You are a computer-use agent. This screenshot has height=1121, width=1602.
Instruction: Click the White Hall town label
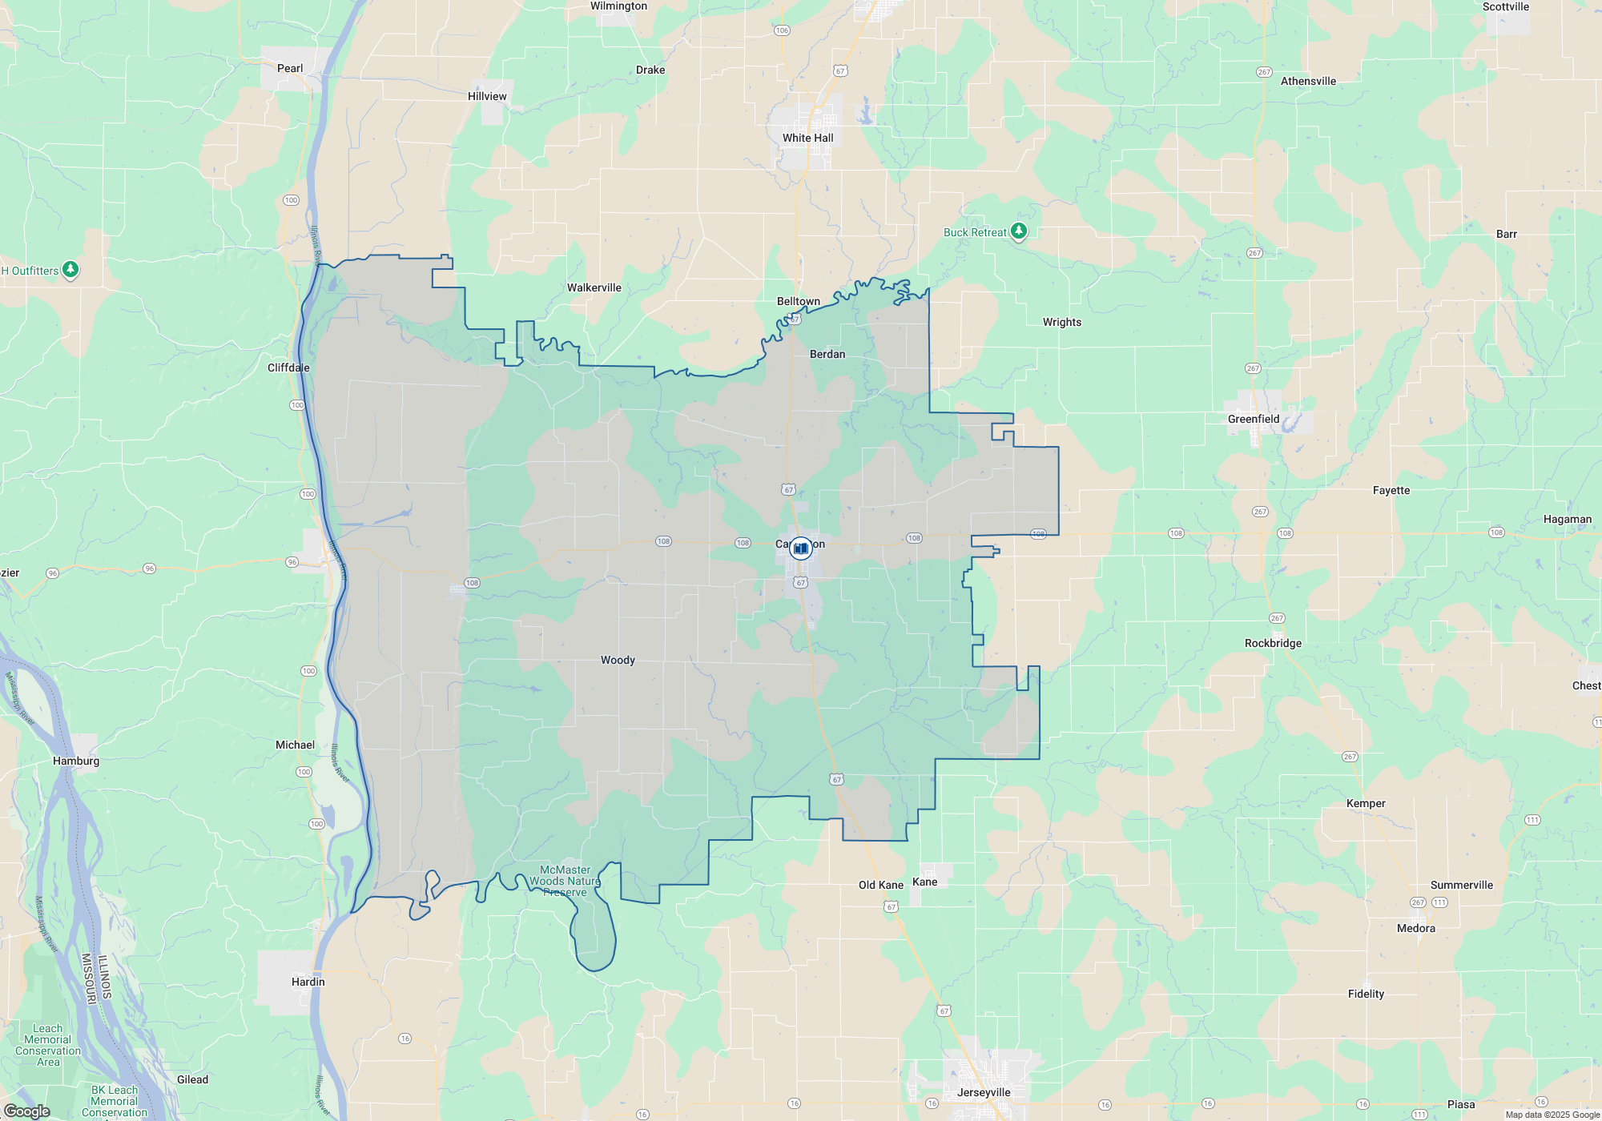point(807,138)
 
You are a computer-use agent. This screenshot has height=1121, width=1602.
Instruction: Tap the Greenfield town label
point(1254,419)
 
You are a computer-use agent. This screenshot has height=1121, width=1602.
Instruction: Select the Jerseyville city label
point(984,1092)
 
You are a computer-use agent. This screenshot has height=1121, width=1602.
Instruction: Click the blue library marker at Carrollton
point(800,548)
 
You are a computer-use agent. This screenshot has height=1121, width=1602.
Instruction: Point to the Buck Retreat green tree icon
point(1018,231)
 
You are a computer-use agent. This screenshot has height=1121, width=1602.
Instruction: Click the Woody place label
point(618,660)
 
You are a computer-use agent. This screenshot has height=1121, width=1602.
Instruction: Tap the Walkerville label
point(594,287)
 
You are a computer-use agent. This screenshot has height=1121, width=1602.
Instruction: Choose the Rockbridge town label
point(1273,643)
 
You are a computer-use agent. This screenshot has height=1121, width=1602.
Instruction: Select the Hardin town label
point(308,982)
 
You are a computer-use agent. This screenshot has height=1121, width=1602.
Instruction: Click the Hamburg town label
point(76,761)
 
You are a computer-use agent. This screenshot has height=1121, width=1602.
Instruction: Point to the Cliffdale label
point(288,368)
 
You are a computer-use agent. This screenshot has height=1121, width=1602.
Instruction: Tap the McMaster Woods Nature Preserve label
point(565,881)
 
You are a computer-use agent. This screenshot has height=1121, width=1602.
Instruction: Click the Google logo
point(26,1111)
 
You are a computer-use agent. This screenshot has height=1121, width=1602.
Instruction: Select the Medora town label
point(1415,928)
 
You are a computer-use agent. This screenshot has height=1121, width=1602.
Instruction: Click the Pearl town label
point(290,68)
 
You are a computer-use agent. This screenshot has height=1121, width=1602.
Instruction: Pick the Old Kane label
point(880,885)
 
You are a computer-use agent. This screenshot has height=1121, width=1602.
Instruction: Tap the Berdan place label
point(827,354)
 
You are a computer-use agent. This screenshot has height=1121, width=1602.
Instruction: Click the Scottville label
point(1505,6)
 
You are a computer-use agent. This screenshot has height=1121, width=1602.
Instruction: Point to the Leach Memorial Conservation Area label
point(48,1045)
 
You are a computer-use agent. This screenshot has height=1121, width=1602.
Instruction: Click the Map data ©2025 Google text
point(1552,1115)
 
